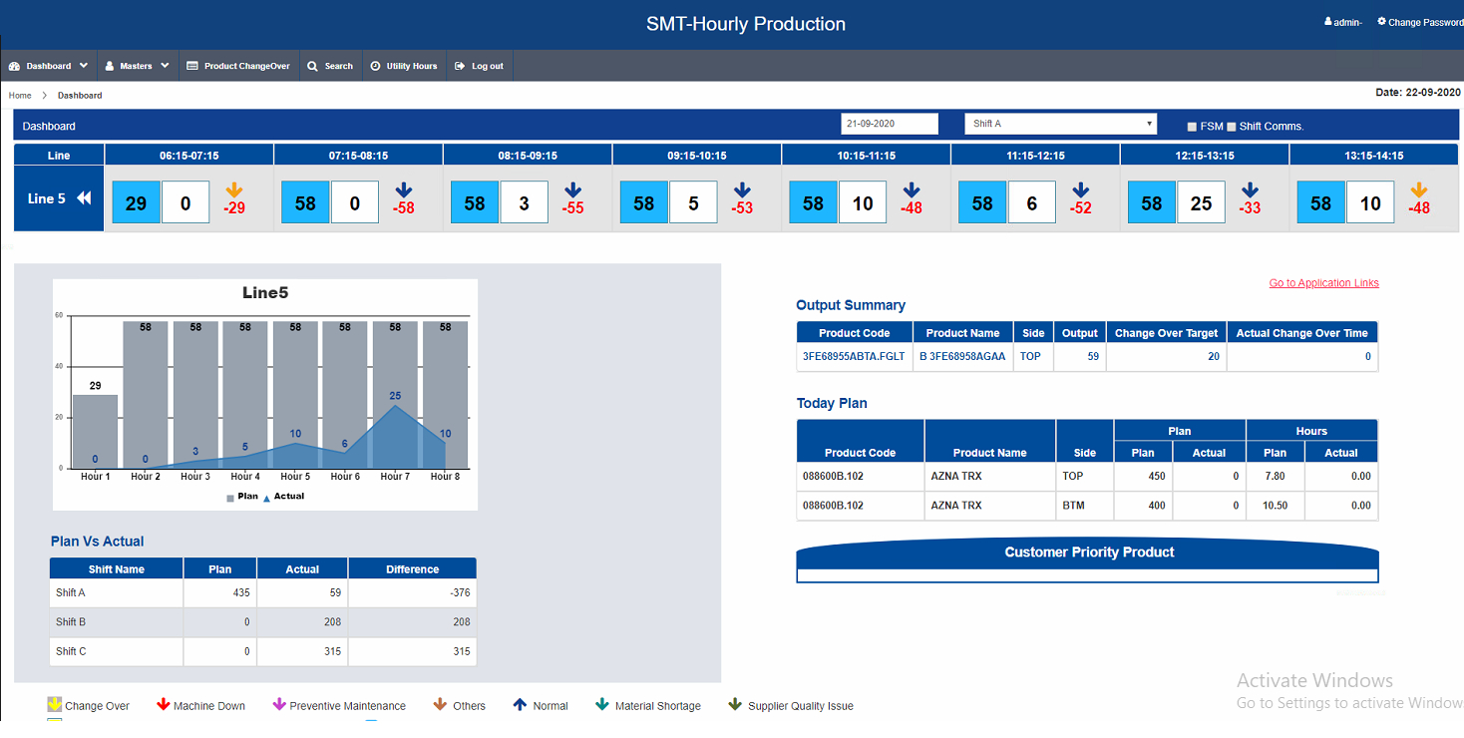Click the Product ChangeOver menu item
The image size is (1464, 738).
[x=238, y=66]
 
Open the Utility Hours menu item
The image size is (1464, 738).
[x=404, y=66]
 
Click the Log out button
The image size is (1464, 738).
[x=480, y=66]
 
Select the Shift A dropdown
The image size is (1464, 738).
[x=1060, y=124]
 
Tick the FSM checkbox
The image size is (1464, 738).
[x=1192, y=127]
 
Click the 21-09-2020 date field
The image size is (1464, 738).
[x=889, y=124]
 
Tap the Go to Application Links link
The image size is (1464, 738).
[x=1323, y=283]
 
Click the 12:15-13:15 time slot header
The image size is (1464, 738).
[x=1205, y=156]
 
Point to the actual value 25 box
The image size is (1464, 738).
[x=1201, y=203]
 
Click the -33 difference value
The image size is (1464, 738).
[x=1250, y=207]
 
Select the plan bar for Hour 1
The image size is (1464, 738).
[x=96, y=432]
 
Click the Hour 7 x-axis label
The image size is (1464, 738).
[x=395, y=477]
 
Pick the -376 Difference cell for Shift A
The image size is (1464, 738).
[x=413, y=592]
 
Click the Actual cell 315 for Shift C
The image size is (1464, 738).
[x=302, y=651]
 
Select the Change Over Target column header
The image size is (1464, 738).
[x=1166, y=333]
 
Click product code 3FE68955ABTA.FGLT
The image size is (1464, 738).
[x=854, y=357]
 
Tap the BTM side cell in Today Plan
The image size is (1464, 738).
[x=1073, y=506]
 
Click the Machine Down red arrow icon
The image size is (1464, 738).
[x=164, y=704]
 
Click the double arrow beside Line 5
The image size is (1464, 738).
[x=84, y=198]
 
